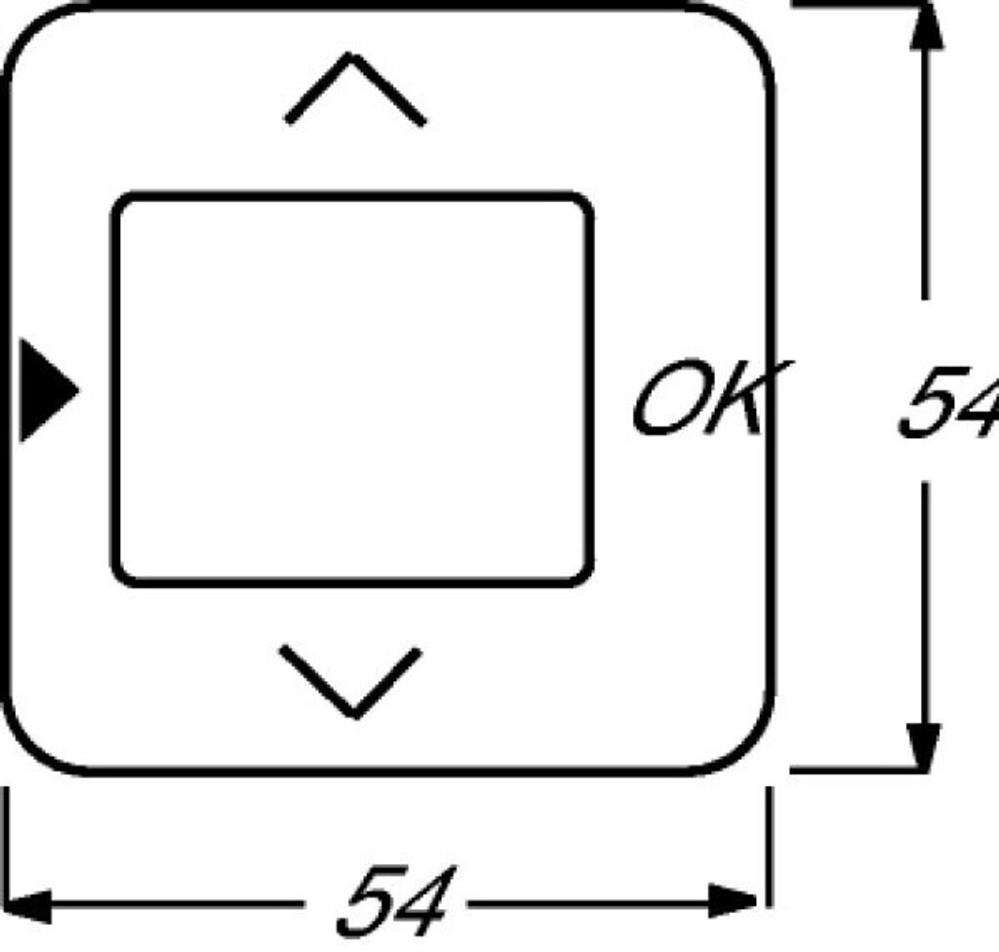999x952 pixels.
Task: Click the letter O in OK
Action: pos(668,399)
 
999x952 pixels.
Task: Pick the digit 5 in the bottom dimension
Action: pos(369,901)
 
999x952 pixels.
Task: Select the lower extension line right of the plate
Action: pos(849,771)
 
